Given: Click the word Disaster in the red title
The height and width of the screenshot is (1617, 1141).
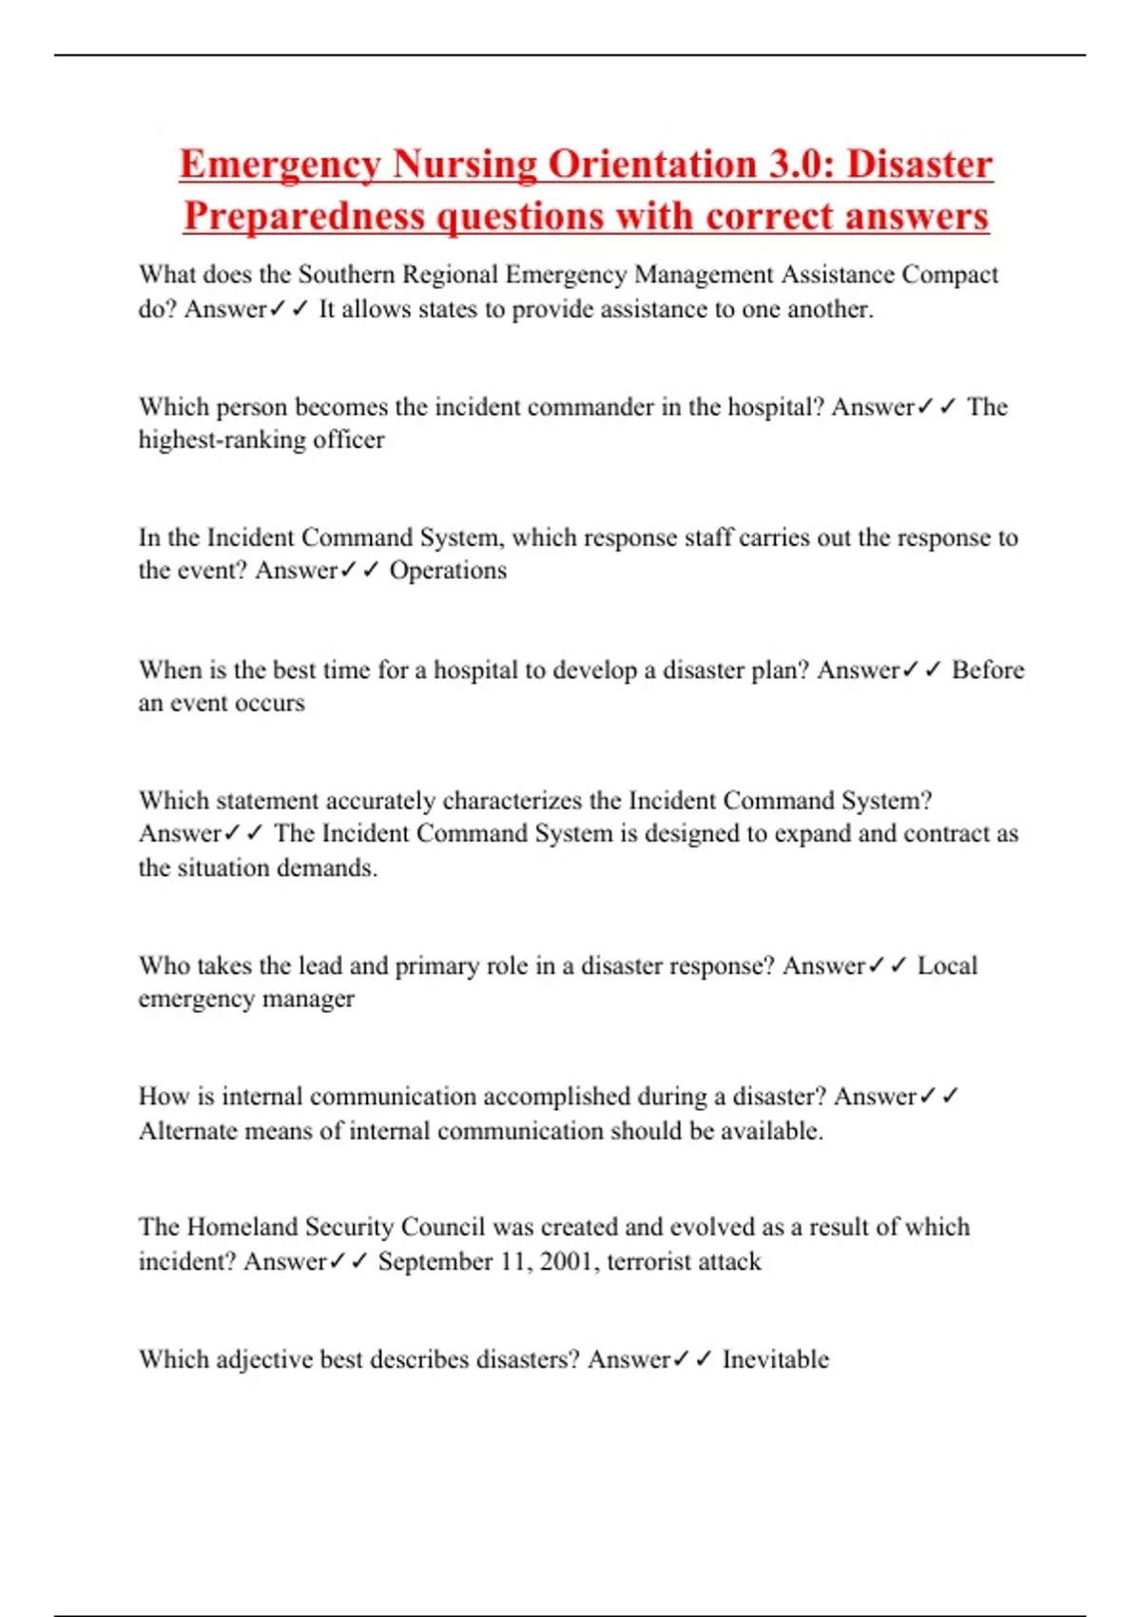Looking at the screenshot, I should [919, 164].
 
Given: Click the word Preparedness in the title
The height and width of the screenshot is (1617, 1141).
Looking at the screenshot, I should [304, 216].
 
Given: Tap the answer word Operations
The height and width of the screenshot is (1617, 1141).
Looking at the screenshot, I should [448, 571].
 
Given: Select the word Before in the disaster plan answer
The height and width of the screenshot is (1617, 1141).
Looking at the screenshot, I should [988, 671].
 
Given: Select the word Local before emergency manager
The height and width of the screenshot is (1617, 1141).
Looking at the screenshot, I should [947, 966].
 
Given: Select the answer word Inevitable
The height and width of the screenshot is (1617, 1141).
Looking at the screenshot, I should [775, 1360].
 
